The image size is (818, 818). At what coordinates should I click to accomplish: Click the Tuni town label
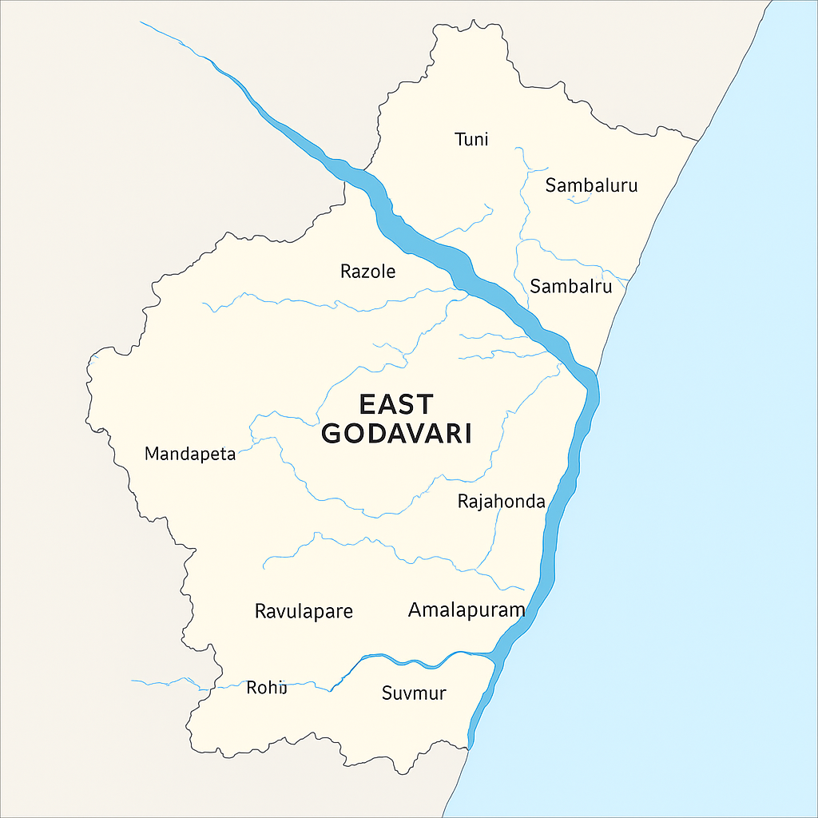tap(471, 140)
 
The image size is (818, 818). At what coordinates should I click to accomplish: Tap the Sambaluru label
tap(591, 186)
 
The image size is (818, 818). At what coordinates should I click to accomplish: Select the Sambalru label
tap(570, 286)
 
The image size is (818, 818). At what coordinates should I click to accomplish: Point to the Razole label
tap(367, 272)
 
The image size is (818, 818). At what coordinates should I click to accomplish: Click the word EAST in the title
tap(396, 403)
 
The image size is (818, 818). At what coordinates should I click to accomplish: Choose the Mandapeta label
tap(190, 455)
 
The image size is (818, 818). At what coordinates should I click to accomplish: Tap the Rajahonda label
tap(501, 502)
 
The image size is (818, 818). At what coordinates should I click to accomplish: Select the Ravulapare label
tap(304, 612)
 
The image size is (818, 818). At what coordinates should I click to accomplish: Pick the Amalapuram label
tap(467, 610)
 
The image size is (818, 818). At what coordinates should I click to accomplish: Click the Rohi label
tap(266, 687)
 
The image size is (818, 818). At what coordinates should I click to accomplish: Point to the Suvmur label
tap(414, 693)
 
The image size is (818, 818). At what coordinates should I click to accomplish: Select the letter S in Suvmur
tap(387, 693)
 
